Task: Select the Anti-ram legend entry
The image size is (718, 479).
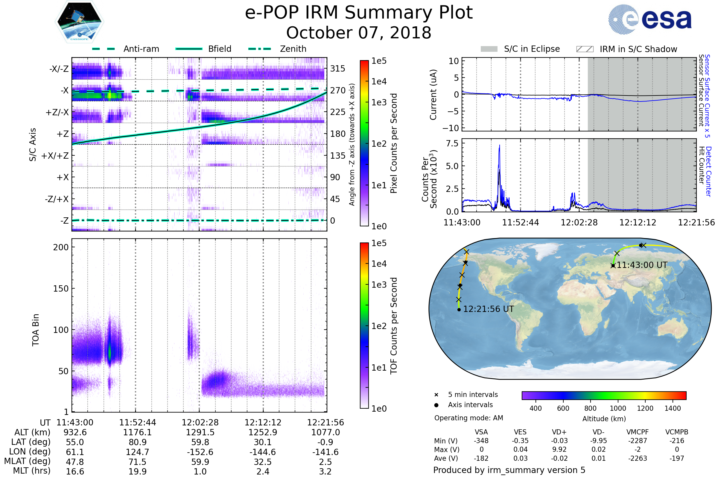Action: pyautogui.click(x=126, y=49)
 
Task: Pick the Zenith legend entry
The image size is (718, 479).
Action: pyautogui.click(x=278, y=49)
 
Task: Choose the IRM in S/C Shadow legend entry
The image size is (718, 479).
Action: pyautogui.click(x=626, y=49)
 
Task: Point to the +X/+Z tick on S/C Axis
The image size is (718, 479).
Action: pyautogui.click(x=55, y=156)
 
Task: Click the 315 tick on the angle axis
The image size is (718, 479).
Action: pyautogui.click(x=338, y=69)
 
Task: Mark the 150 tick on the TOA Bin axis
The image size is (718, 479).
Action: pyautogui.click(x=61, y=288)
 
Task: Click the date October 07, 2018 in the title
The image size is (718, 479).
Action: pyautogui.click(x=359, y=33)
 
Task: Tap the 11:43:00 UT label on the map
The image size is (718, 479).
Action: pyautogui.click(x=642, y=265)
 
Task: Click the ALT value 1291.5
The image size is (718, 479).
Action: pyautogui.click(x=200, y=432)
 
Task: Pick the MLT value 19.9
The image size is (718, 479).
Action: pyautogui.click(x=137, y=471)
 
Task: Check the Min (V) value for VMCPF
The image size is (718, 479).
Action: pyautogui.click(x=638, y=441)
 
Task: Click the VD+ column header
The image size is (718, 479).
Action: pyautogui.click(x=559, y=432)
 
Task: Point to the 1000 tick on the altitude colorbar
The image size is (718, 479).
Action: pyautogui.click(x=618, y=408)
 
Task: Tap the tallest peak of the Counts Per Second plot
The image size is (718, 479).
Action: pyautogui.click(x=499, y=145)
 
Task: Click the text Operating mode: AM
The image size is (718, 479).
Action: pyautogui.click(x=468, y=418)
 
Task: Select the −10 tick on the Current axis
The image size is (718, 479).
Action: pyautogui.click(x=450, y=128)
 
